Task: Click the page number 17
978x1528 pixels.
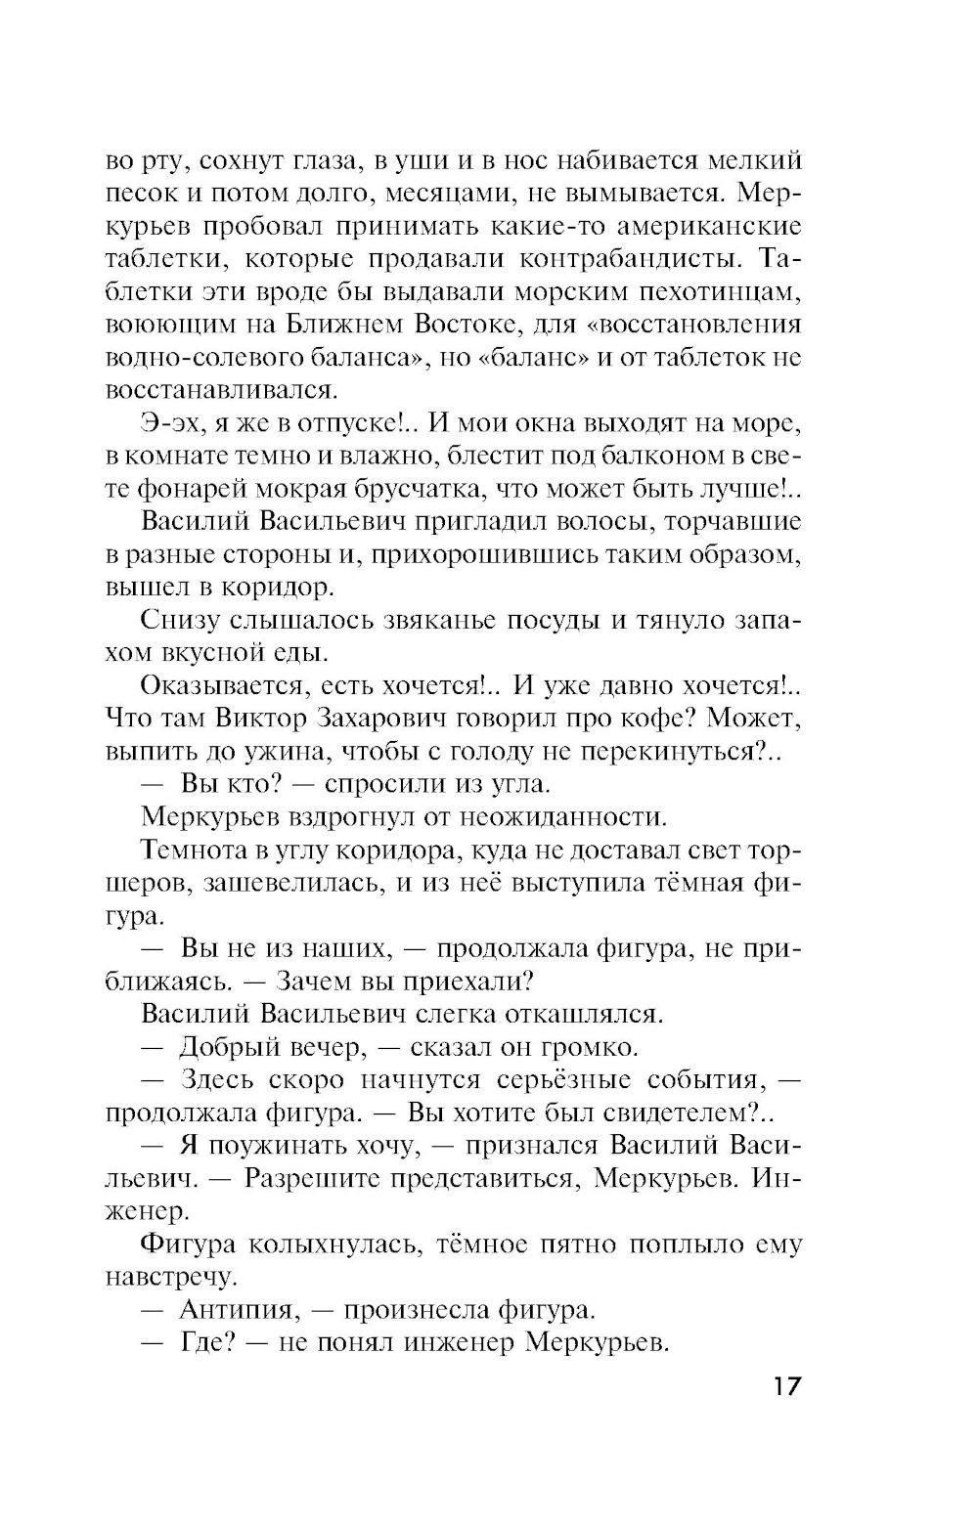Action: click(785, 1385)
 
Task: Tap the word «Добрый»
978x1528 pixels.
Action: click(233, 1048)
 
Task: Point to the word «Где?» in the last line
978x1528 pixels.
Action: click(205, 1343)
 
